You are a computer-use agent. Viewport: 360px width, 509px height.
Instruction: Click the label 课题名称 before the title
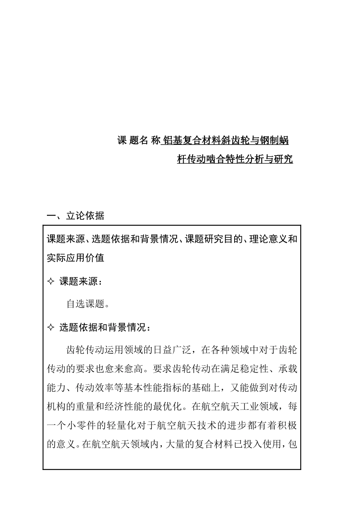pos(139,141)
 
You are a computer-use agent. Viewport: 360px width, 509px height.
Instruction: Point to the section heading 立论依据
pos(85,216)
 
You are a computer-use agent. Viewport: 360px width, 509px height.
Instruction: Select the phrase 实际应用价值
pos(75,258)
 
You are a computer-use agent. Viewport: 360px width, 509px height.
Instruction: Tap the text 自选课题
pos(85,304)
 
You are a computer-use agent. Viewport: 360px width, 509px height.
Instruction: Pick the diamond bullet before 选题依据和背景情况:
pos(51,328)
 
